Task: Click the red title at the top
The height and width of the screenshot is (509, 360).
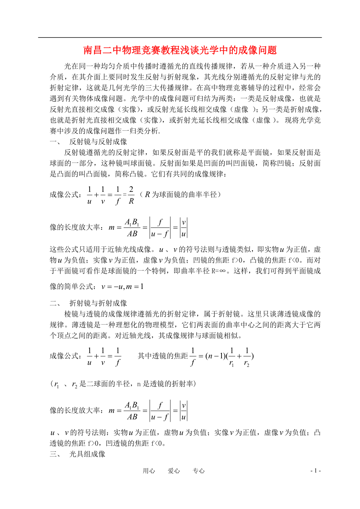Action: (x=180, y=50)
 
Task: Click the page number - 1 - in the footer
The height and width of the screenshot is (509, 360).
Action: (x=315, y=471)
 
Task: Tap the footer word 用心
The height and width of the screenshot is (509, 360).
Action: (x=149, y=471)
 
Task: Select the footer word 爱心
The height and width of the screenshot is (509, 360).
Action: (x=174, y=471)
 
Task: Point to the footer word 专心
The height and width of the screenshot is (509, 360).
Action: (x=199, y=471)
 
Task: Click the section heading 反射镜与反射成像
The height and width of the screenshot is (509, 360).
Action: (x=98, y=141)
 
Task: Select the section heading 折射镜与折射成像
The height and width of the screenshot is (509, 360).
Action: (x=98, y=303)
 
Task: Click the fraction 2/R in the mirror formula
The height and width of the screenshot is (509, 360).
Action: (x=131, y=195)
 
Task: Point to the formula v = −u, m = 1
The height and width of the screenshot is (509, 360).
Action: (x=122, y=287)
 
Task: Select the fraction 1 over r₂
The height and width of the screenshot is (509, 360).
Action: (x=247, y=357)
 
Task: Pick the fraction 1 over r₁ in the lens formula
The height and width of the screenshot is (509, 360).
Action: (x=232, y=357)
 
